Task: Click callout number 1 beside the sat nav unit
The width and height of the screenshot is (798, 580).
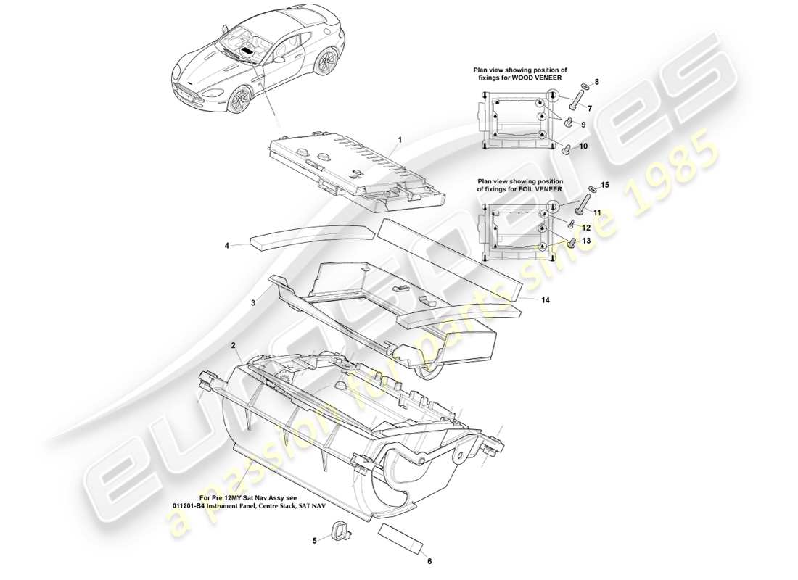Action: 398,138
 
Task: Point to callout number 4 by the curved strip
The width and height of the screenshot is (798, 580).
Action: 226,246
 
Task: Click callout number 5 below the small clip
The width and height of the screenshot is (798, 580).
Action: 314,540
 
